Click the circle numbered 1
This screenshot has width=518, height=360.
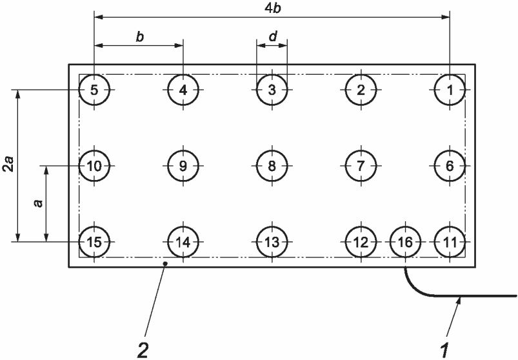tap(450, 90)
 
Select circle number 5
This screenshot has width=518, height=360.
tap(95, 90)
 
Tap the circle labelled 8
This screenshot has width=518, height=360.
tap(272, 166)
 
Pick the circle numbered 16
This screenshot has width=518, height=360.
tap(405, 243)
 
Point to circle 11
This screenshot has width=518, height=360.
tap(450, 243)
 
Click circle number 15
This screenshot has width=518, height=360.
tap(95, 243)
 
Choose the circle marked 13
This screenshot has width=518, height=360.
tap(272, 243)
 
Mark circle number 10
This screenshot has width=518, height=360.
tap(95, 166)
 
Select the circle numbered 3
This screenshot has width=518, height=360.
tap(272, 90)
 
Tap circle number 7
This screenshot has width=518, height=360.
tap(360, 166)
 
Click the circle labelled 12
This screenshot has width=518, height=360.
tap(360, 243)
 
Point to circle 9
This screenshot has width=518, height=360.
tap(183, 166)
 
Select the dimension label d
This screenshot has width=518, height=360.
tap(272, 37)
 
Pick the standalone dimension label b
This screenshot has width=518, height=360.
tap(139, 37)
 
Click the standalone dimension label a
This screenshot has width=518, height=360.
tap(37, 203)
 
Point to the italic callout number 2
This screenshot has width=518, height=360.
tap(142, 351)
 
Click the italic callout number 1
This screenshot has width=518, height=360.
tap(444, 351)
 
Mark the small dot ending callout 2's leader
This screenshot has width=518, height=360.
tap(165, 263)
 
